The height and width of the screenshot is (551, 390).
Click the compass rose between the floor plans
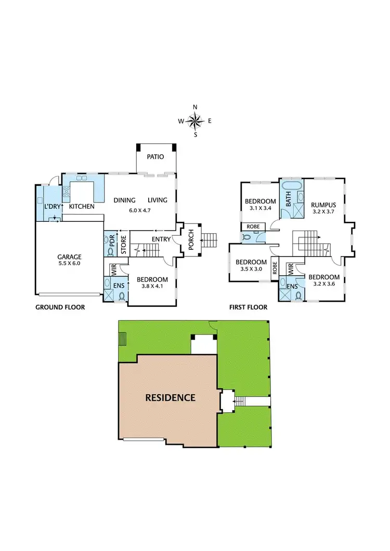click(195, 121)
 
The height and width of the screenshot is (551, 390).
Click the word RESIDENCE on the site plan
click(170, 398)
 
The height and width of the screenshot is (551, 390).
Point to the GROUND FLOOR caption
click(60, 307)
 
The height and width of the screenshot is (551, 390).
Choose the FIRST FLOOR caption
click(249, 307)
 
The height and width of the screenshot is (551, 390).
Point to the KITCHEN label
click(81, 207)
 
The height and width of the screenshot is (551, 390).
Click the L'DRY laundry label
click(52, 207)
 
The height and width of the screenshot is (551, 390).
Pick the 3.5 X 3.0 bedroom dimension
click(251, 270)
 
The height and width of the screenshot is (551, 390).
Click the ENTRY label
click(161, 239)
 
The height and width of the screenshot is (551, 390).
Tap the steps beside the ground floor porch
click(209, 240)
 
